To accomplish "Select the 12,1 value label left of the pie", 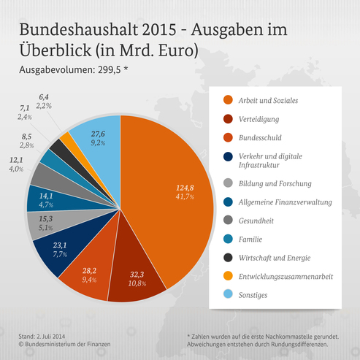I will (17, 160).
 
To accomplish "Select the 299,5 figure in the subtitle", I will (110, 72).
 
